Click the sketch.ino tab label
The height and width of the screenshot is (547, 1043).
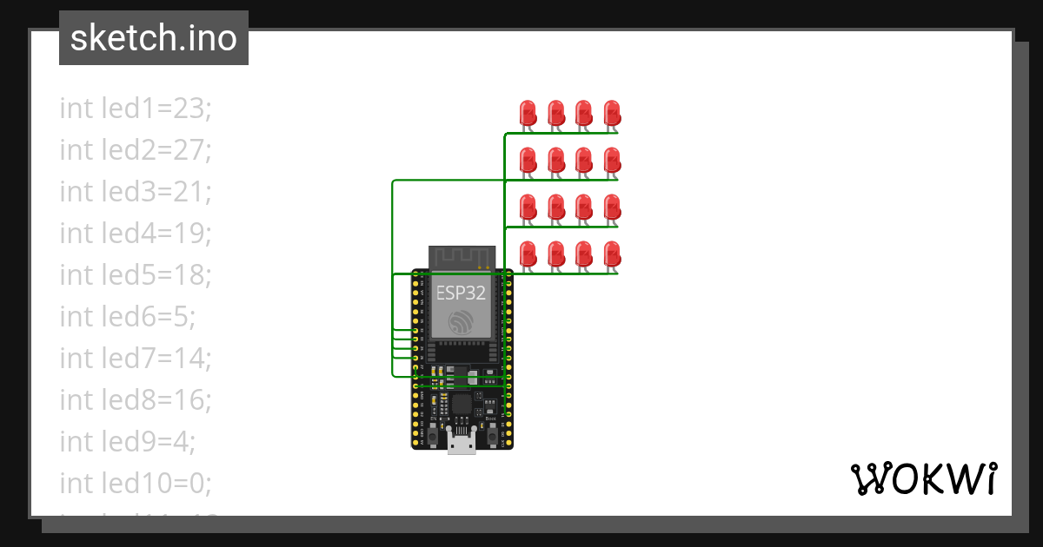[x=153, y=38]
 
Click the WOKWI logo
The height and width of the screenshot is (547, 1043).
[x=922, y=479]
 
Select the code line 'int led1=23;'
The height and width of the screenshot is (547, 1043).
[x=136, y=109]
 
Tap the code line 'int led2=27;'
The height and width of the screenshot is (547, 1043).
[x=136, y=150]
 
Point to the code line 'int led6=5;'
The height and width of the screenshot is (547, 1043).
[x=127, y=317]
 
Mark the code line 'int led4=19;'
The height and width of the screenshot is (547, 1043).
[x=136, y=234]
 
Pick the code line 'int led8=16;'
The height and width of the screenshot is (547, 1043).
[x=136, y=399]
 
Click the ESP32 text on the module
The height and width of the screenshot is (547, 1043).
[x=461, y=293]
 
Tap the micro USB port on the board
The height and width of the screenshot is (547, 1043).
[x=462, y=444]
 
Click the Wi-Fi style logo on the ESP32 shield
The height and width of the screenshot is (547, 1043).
[x=462, y=323]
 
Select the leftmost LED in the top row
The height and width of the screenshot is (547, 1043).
[x=528, y=112]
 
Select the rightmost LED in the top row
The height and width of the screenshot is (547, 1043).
[x=612, y=112]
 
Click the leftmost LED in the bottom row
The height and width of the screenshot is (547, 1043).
[x=528, y=254]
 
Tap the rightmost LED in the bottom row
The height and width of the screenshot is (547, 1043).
[x=612, y=254]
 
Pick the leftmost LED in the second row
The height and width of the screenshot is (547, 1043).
[x=528, y=160]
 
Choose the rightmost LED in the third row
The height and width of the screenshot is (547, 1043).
[x=612, y=207]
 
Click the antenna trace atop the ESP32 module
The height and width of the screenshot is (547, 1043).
[x=462, y=257]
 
